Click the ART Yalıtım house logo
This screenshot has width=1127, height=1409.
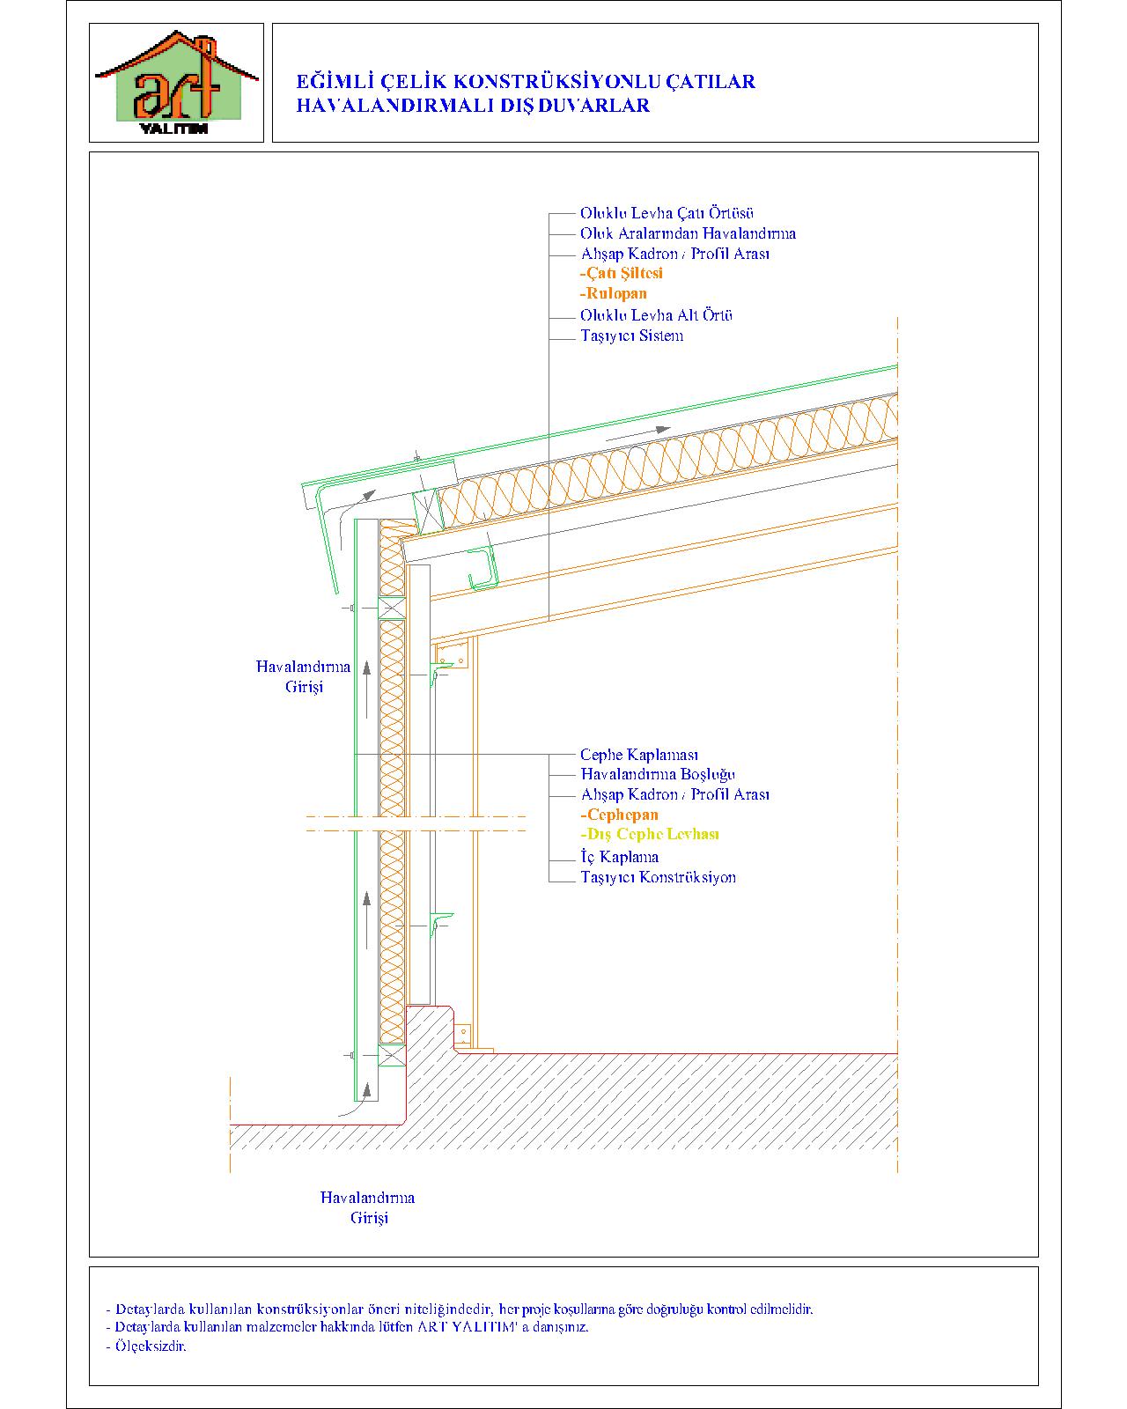176,83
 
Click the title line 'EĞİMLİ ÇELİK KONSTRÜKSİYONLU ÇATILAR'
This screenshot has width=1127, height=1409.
526,82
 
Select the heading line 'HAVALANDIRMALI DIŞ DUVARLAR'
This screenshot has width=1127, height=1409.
473,106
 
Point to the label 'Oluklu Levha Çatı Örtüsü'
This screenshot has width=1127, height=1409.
667,213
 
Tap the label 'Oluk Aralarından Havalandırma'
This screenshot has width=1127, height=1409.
688,233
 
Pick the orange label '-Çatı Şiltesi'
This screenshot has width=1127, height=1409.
622,274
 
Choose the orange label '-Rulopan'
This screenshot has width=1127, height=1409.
613,294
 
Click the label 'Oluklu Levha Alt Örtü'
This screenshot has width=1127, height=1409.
656,315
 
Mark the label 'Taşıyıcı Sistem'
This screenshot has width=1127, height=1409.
632,336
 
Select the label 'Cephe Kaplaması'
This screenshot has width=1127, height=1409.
639,755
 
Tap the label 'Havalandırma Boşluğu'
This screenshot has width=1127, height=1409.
658,775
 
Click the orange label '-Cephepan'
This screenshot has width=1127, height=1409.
619,815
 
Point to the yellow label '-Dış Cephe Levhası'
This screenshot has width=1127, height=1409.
650,835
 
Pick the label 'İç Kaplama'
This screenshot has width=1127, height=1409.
620,857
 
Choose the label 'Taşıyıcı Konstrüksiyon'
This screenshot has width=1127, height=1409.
658,877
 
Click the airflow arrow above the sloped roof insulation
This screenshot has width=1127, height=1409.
638,434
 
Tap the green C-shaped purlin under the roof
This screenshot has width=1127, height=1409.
484,568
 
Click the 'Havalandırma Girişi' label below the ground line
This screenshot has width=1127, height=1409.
367,1208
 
